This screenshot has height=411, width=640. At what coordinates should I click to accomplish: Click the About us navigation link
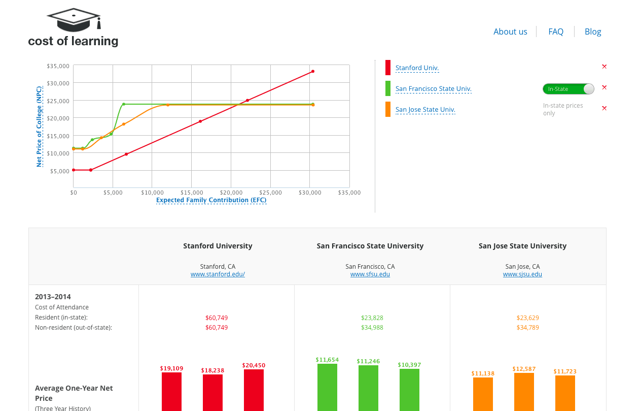510,31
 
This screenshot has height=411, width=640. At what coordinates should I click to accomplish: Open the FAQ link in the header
556,31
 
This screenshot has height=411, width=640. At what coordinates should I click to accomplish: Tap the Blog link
593,31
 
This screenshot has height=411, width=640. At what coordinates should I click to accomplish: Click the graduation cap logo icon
74,20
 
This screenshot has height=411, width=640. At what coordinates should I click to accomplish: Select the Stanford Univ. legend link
417,68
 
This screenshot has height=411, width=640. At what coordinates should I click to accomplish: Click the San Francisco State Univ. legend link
433,89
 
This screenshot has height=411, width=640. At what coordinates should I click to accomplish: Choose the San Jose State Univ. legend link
425,110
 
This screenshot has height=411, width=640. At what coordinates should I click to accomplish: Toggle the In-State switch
568,89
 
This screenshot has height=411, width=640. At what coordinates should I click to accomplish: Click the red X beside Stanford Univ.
604,67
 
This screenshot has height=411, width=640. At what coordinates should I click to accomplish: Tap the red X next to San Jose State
604,108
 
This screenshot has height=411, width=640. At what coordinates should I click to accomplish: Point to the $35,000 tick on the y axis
58,66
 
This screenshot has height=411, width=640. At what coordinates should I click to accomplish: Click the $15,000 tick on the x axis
191,193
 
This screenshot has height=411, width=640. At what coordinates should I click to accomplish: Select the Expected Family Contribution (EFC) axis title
211,200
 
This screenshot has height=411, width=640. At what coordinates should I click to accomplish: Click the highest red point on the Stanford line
313,71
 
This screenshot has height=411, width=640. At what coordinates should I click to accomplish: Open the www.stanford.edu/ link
218,274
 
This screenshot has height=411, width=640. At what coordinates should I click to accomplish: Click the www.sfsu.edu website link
370,274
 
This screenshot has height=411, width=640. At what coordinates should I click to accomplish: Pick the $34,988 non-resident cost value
372,327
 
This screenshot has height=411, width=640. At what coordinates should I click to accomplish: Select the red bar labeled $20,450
254,390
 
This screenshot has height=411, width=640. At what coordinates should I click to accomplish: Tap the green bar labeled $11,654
327,387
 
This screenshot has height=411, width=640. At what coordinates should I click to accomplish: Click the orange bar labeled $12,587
524,392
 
